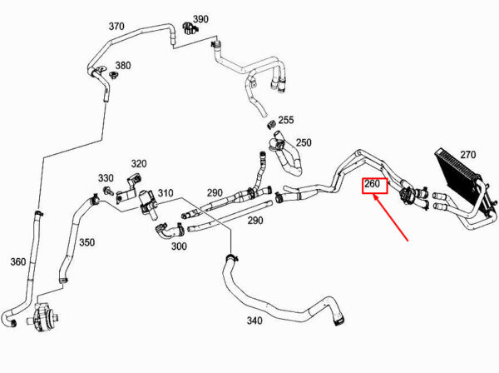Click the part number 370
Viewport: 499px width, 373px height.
click(x=116, y=26)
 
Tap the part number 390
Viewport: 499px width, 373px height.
click(x=200, y=18)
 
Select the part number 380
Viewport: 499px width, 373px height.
click(x=122, y=66)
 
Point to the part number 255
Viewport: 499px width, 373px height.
click(x=286, y=121)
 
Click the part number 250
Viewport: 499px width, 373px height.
click(x=304, y=143)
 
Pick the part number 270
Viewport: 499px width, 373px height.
click(x=467, y=154)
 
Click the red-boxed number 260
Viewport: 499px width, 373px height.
click(x=373, y=184)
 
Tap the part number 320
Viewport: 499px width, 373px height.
click(x=138, y=164)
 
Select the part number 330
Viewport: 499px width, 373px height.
click(x=106, y=178)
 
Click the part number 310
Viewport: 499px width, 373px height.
click(x=165, y=194)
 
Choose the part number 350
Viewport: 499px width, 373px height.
click(x=86, y=242)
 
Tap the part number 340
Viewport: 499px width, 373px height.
click(x=254, y=320)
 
